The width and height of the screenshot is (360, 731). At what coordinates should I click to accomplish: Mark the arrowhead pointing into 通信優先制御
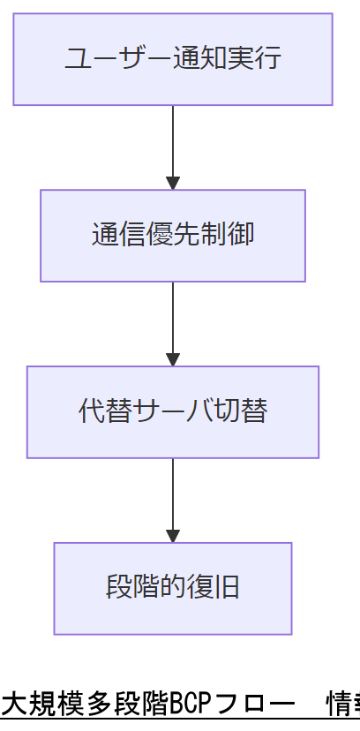pyautogui.click(x=173, y=184)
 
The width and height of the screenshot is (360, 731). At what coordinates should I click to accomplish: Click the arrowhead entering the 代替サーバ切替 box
pyautogui.click(x=173, y=360)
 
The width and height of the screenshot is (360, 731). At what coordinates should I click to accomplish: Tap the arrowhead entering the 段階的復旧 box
pyautogui.click(x=173, y=537)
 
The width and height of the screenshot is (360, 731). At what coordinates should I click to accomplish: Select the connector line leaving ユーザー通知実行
pyautogui.click(x=173, y=141)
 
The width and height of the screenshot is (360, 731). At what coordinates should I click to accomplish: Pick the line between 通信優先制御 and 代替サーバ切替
pyautogui.click(x=173, y=318)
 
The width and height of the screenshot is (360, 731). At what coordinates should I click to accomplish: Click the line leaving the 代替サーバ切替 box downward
pyautogui.click(x=173, y=494)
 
